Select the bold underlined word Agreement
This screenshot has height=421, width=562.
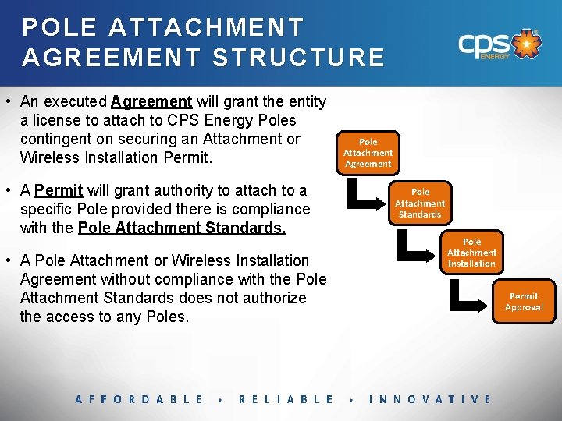(151, 101)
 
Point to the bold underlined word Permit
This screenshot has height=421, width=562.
(59, 190)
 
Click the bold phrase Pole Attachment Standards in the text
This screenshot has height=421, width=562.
(182, 228)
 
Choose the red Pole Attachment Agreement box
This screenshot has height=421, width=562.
(368, 153)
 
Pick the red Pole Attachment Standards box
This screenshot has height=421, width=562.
(420, 203)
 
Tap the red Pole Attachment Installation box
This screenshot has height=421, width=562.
(471, 253)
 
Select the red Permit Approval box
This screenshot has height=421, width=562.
(523, 302)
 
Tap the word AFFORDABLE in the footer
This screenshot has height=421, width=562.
(139, 399)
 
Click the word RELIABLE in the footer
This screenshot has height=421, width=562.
(286, 399)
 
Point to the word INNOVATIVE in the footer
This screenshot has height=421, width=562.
(430, 399)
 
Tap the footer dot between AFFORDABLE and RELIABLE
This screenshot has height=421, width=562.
(221, 400)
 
